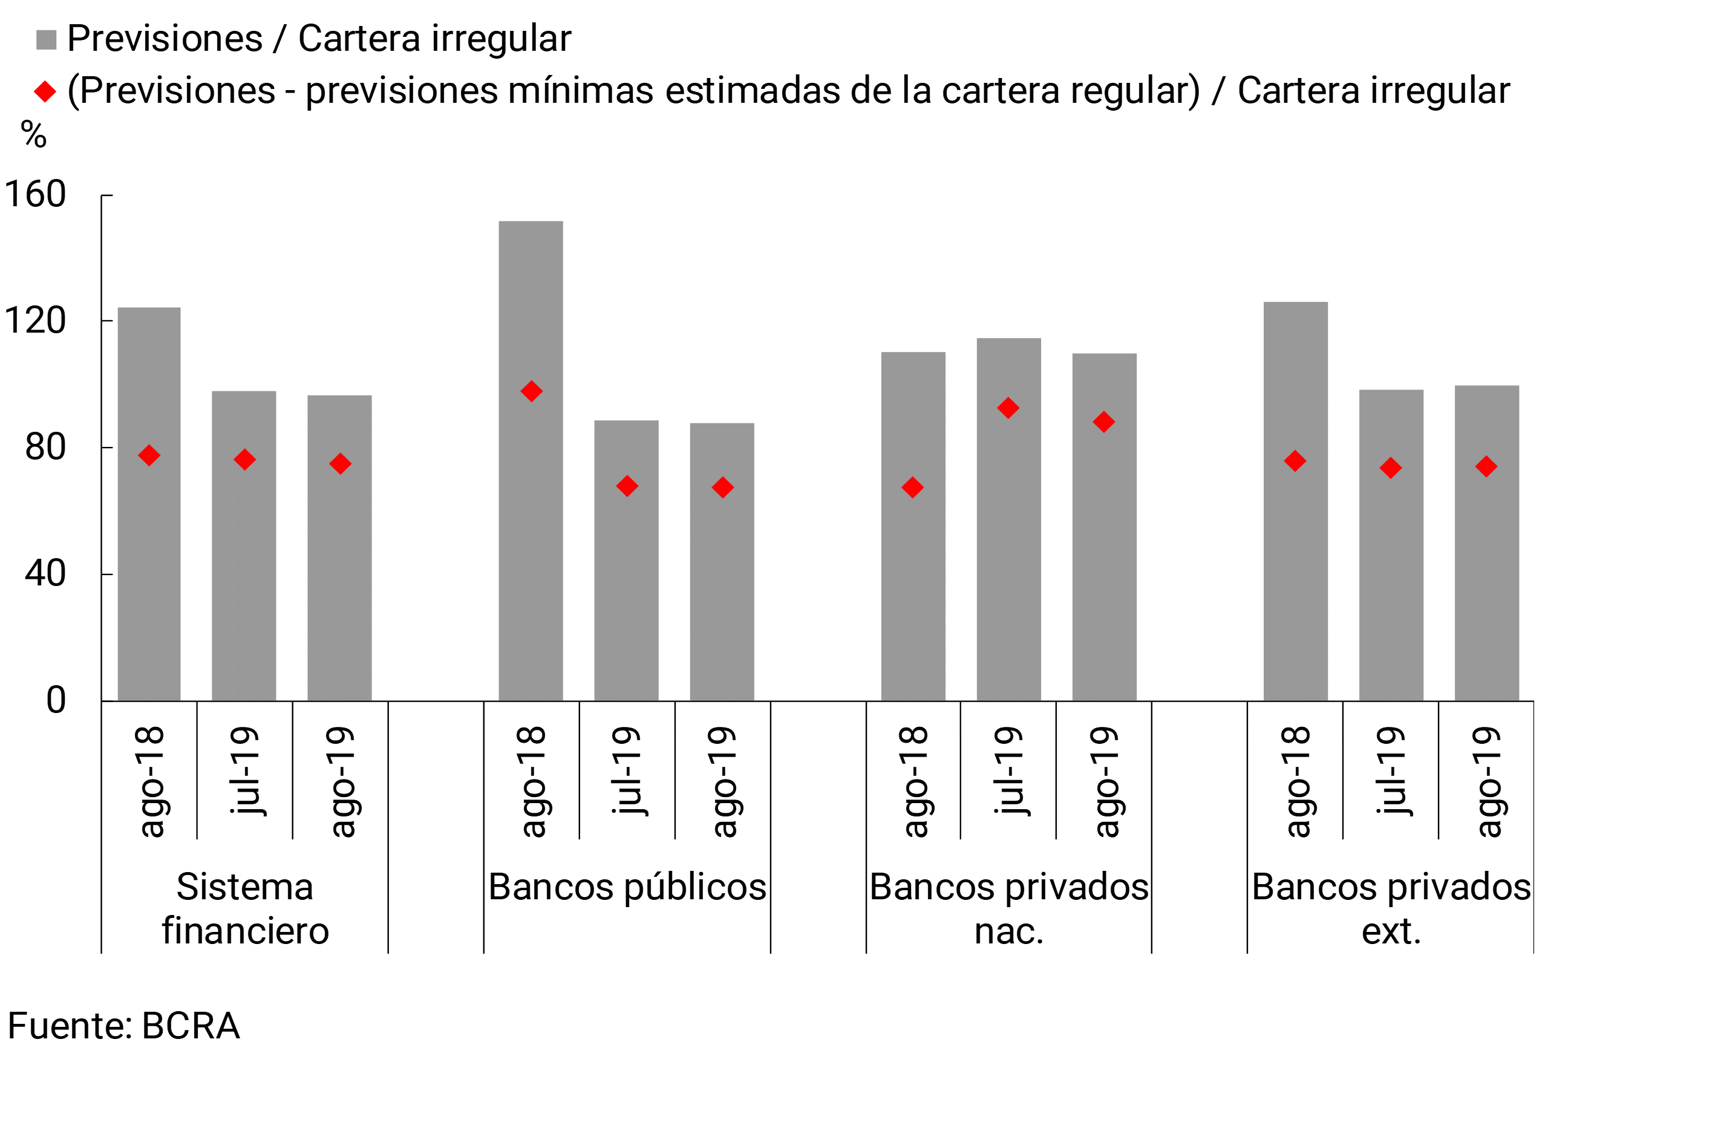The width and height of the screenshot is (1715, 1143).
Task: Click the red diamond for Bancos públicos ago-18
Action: click(x=532, y=391)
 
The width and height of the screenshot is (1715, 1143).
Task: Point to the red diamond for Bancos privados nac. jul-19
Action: click(x=1008, y=408)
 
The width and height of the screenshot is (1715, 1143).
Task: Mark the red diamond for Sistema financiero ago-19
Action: click(x=340, y=464)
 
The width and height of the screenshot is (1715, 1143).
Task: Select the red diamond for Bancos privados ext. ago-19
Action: click(x=1486, y=466)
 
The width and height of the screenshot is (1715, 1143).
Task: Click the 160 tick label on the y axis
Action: click(x=35, y=195)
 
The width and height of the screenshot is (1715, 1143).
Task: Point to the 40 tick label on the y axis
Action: click(x=45, y=574)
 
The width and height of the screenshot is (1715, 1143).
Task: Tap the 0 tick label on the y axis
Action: click(x=56, y=700)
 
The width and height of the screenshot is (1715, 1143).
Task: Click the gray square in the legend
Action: click(x=46, y=39)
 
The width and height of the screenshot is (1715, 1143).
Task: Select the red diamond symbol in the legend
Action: click(x=45, y=92)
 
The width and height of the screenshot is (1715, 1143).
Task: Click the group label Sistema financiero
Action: click(x=245, y=908)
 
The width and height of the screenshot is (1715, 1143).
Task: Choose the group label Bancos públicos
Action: click(x=627, y=887)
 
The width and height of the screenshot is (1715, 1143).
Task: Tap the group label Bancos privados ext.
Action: click(x=1391, y=908)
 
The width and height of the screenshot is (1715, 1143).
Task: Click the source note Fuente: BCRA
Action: click(x=124, y=1026)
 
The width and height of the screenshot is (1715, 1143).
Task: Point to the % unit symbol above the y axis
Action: click(x=33, y=135)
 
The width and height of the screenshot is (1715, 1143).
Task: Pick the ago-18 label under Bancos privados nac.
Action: click(x=913, y=781)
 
